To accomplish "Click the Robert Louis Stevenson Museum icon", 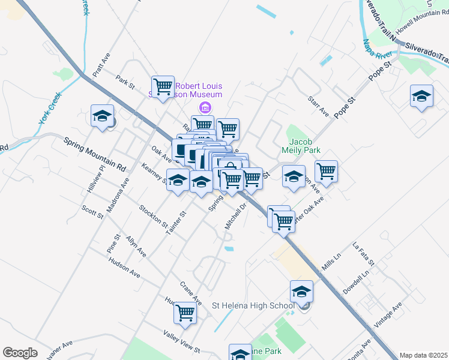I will [205, 108].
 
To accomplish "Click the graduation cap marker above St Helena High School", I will [302, 292].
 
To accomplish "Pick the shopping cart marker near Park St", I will [163, 88].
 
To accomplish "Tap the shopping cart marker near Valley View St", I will [185, 313].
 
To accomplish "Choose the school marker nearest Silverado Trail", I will [421, 96].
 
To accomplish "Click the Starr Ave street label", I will [318, 105].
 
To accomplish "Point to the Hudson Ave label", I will [124, 268].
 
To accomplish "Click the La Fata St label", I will [364, 254].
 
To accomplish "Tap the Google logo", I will [20, 353].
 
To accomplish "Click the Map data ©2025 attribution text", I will [423, 355].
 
